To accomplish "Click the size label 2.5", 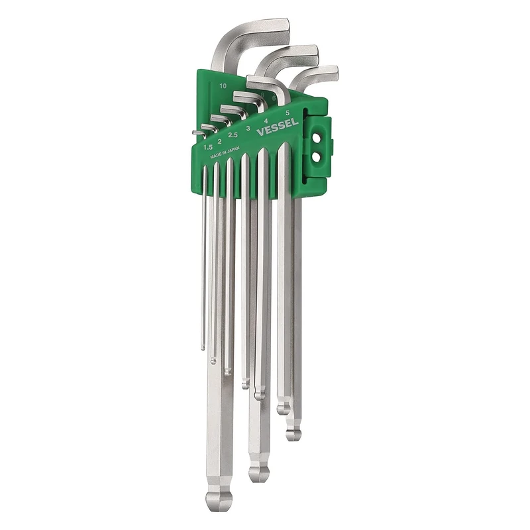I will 233,134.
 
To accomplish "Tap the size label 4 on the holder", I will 266,121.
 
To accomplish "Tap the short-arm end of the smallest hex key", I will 193,132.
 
